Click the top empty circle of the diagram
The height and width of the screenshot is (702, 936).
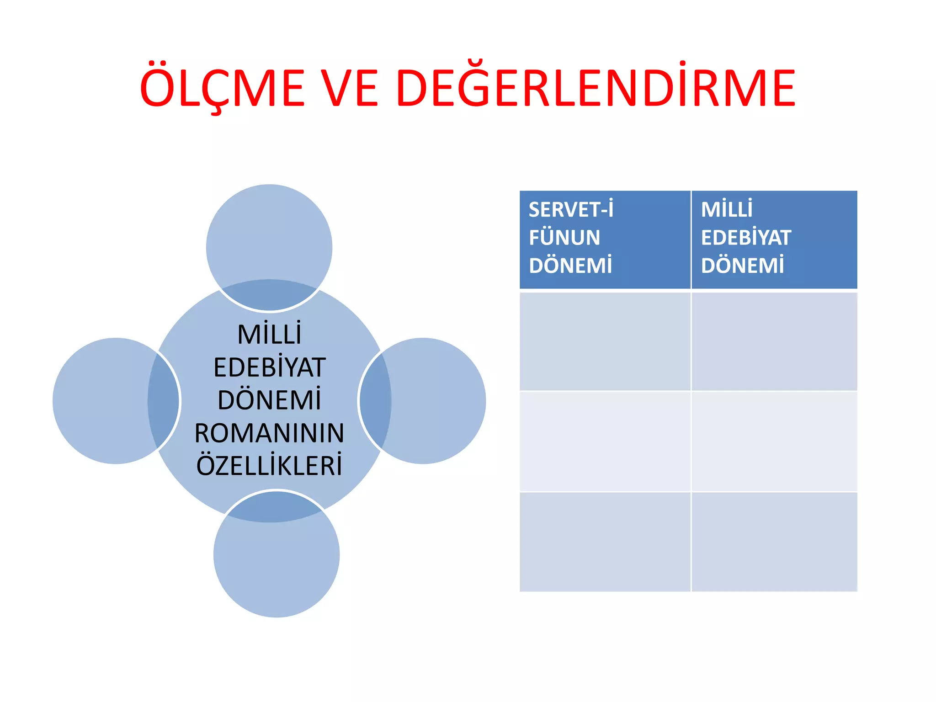pyautogui.click(x=269, y=238)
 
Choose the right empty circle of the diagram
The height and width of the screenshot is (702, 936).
pyautogui.click(x=434, y=401)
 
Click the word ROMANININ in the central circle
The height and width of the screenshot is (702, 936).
pyautogui.click(x=269, y=433)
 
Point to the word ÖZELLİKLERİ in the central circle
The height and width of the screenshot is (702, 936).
pyautogui.click(x=269, y=466)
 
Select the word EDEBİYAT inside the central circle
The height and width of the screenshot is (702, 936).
pyautogui.click(x=269, y=367)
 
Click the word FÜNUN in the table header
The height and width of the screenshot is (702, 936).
pyautogui.click(x=564, y=238)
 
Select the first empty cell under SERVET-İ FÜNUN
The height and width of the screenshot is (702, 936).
pyautogui.click(x=605, y=341)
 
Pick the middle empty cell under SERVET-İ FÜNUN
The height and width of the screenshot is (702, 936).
pyautogui.click(x=605, y=441)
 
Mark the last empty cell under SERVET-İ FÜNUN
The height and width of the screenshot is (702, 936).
pyautogui.click(x=605, y=542)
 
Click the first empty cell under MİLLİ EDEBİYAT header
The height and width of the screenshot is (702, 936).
pyautogui.click(x=774, y=341)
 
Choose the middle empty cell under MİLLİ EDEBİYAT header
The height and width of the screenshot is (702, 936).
pyautogui.click(x=774, y=441)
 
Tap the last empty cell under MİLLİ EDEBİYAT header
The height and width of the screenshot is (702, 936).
pyautogui.click(x=774, y=542)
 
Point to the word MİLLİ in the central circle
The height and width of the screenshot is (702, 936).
pyautogui.click(x=269, y=335)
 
